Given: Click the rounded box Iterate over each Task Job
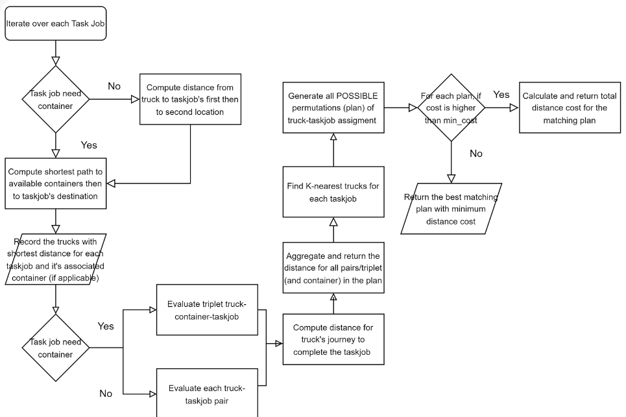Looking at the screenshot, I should [55, 23].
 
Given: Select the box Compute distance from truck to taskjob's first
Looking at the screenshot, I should [190, 99].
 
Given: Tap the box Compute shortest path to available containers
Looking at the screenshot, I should [55, 183].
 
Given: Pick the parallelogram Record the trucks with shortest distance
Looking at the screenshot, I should [55, 258].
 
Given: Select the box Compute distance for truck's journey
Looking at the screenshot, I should [333, 339].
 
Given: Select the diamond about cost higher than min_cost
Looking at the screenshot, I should [451, 108].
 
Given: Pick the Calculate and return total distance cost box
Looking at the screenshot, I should [569, 108].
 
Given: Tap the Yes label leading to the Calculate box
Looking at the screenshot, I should [501, 95].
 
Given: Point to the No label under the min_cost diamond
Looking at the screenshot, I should [476, 154].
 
